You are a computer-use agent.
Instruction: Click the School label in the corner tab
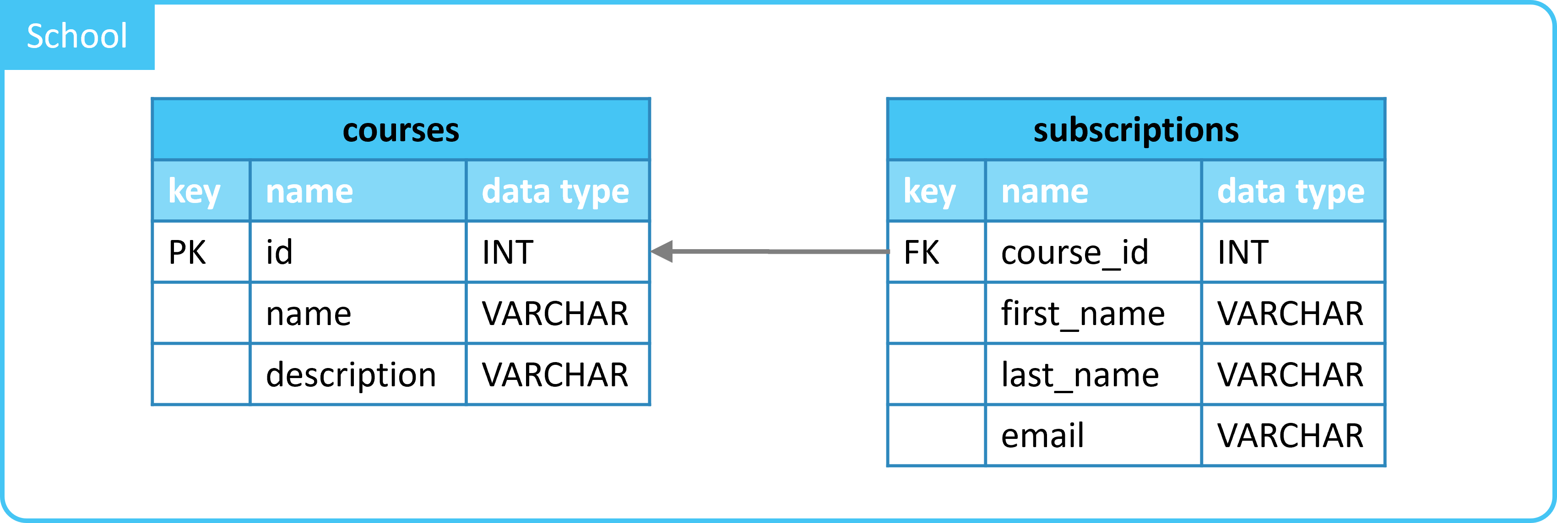tap(77, 36)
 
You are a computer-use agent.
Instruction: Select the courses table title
tap(401, 130)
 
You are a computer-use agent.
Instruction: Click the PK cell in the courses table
tap(187, 252)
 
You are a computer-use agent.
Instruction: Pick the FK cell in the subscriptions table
tap(922, 252)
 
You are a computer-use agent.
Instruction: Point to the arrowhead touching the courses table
tap(662, 251)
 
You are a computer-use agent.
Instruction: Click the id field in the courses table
tap(279, 252)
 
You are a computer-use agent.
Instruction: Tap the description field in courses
tap(351, 375)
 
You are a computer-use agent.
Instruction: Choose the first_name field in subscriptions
tap(1083, 315)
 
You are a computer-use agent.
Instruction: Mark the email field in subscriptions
tap(1042, 435)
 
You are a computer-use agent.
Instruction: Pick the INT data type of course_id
tap(1242, 252)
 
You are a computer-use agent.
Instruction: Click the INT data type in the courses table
tap(508, 252)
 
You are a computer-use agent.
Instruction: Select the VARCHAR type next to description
tap(555, 375)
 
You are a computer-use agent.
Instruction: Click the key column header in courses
tap(194, 192)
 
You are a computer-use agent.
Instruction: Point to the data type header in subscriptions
tap(1291, 192)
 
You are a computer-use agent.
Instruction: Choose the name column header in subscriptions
tap(1044, 192)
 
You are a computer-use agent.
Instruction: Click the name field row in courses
tap(308, 315)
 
